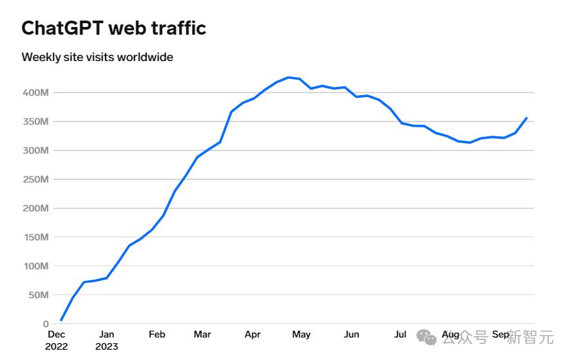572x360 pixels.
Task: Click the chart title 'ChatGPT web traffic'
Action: click(x=114, y=28)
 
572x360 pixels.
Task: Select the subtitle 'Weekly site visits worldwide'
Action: click(x=97, y=57)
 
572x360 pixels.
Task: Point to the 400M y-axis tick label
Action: click(x=35, y=93)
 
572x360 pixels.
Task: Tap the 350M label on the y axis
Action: click(x=35, y=122)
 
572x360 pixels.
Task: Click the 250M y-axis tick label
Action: click(x=35, y=179)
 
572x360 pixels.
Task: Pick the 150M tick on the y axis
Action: click(x=35, y=237)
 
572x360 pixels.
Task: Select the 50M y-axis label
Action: click(x=38, y=295)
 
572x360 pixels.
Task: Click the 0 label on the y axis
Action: click(x=46, y=324)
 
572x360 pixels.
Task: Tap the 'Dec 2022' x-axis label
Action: click(x=57, y=340)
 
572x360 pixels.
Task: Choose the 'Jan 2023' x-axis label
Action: click(x=107, y=340)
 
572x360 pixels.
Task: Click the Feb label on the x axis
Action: click(x=157, y=334)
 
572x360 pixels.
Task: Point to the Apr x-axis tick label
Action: click(x=252, y=334)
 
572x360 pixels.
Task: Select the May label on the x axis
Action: click(x=301, y=334)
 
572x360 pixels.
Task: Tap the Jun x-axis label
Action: click(x=351, y=334)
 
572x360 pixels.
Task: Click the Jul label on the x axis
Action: click(x=400, y=334)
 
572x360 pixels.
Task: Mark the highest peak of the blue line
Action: click(x=288, y=77)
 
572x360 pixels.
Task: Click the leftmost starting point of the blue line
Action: click(x=61, y=319)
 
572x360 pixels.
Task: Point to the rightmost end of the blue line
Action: click(x=527, y=118)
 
